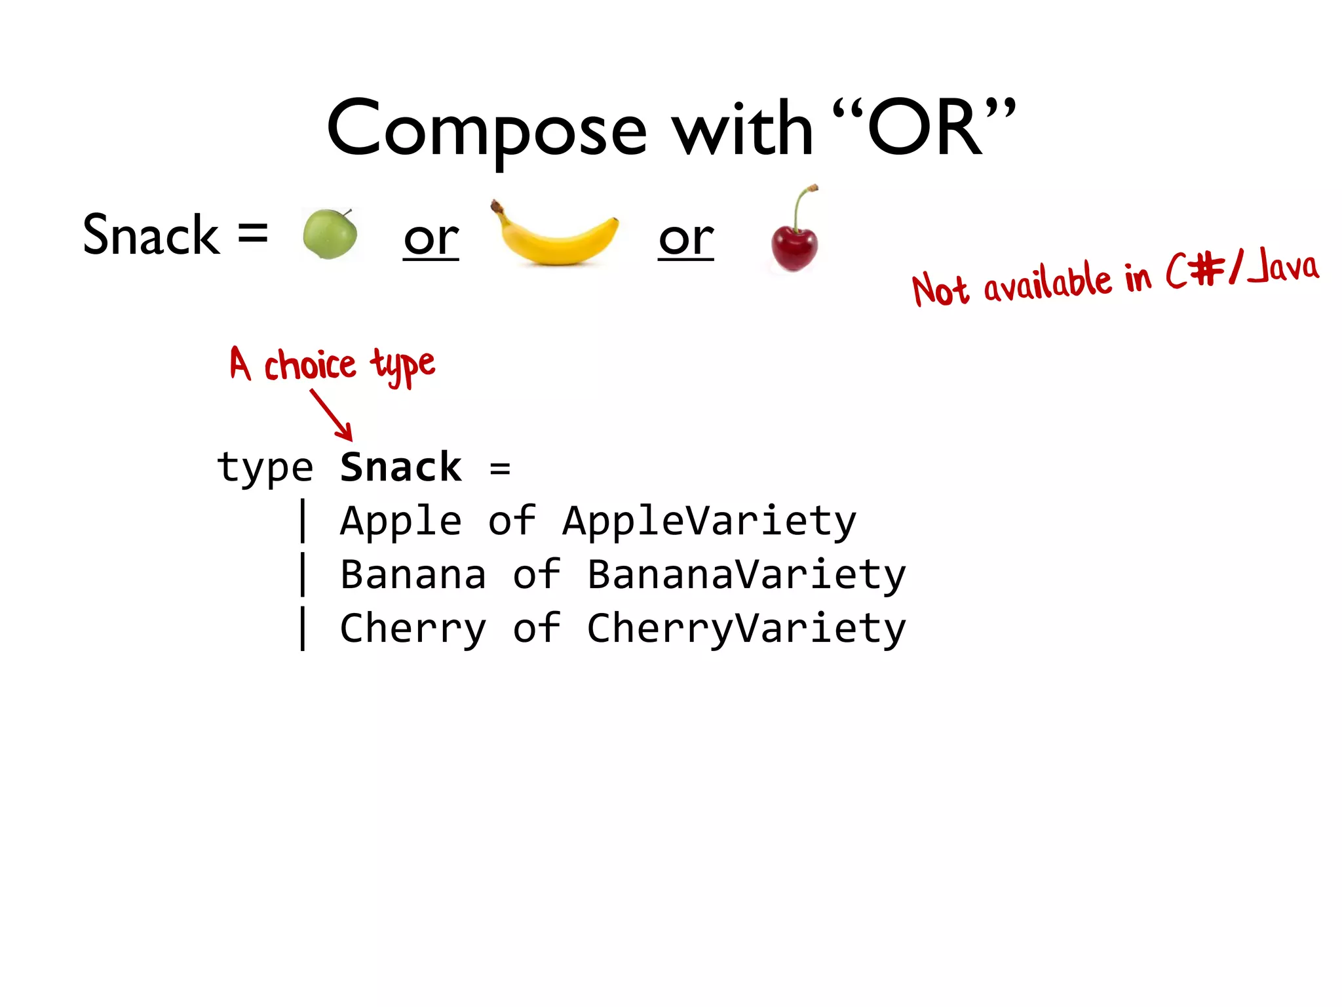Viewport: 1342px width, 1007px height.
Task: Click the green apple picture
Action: [330, 234]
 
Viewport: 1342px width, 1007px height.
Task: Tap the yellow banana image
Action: [556, 237]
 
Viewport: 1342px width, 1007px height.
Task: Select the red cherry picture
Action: [794, 248]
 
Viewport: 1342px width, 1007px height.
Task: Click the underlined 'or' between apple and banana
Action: [431, 239]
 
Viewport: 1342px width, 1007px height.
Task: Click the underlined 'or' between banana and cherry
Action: [685, 239]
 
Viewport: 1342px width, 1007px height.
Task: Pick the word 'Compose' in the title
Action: [486, 128]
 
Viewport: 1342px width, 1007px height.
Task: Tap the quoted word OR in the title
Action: [924, 128]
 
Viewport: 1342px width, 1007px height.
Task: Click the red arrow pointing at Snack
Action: [333, 416]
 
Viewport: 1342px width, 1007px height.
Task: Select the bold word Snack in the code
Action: [400, 467]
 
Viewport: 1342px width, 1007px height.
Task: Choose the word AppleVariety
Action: [709, 522]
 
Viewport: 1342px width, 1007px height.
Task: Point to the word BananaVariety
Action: [746, 575]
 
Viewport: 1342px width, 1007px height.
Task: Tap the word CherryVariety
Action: [746, 629]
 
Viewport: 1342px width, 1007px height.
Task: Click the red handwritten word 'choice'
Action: [309, 366]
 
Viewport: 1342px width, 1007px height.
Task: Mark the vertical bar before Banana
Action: [303, 574]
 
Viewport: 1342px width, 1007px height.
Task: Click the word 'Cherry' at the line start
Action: [413, 629]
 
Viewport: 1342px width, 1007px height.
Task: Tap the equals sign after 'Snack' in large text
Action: [252, 233]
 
